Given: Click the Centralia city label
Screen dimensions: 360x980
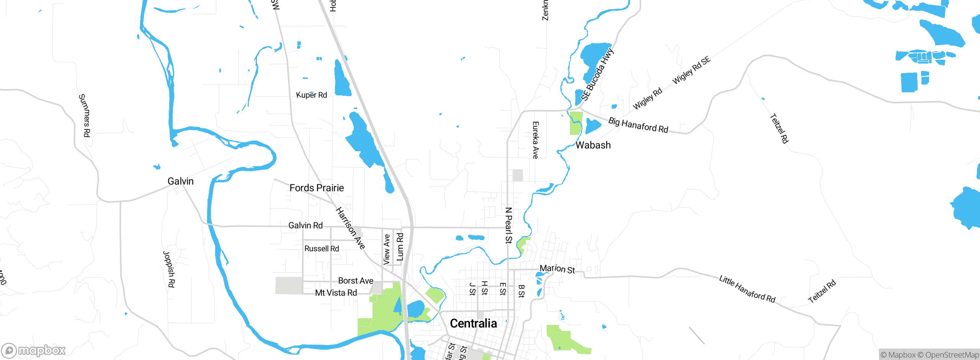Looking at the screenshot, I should click(x=473, y=324).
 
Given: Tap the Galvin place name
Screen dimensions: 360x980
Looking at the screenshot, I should click(x=181, y=181).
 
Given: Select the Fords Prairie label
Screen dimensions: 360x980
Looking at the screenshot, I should click(x=317, y=188).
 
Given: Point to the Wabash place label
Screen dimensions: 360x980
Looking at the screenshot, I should click(x=593, y=145).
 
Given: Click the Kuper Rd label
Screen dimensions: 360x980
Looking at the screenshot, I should click(x=312, y=95).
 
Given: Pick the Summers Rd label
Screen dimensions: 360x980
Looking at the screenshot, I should click(x=85, y=115).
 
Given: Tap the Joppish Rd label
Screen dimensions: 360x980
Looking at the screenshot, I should click(x=169, y=269).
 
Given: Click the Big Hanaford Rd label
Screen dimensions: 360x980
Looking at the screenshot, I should click(x=638, y=125).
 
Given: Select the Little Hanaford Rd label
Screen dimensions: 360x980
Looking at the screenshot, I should click(x=747, y=289).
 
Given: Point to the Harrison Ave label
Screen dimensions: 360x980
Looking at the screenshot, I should click(x=350, y=228).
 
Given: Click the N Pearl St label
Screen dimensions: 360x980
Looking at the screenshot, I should click(x=508, y=225).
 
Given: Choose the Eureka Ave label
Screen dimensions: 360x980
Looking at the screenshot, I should click(x=536, y=140).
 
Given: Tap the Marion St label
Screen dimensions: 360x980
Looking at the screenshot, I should click(x=557, y=269).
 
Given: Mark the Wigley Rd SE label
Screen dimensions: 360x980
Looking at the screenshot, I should click(x=691, y=70).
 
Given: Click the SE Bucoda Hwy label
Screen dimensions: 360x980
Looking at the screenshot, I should click(x=597, y=74).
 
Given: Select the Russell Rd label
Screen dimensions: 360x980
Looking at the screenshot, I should click(x=322, y=249).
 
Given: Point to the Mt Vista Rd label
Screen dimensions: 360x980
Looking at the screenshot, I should click(x=336, y=293).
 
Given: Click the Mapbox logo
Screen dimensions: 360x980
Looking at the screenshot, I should click(x=34, y=350).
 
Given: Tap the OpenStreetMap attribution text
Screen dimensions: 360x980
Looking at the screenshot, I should click(x=952, y=355).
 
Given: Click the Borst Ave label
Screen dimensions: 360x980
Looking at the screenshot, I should click(x=356, y=281).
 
